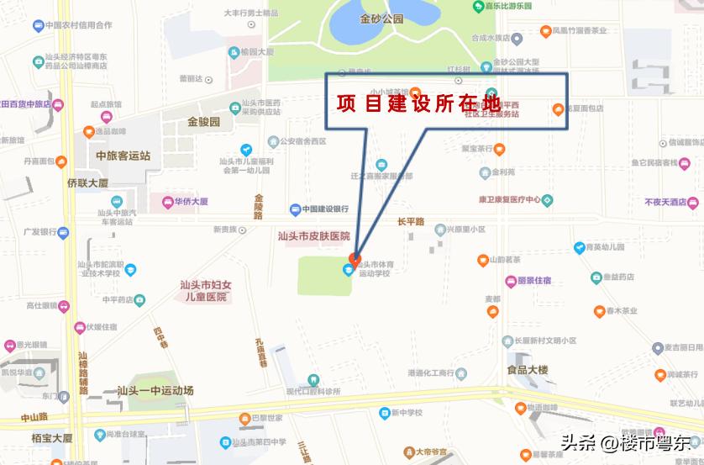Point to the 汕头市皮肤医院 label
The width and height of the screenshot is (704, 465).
point(313,237)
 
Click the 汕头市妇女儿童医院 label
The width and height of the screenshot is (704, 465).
point(204,291)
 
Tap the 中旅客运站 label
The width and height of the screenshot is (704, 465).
point(123,156)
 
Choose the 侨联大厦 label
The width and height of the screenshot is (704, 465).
point(88,182)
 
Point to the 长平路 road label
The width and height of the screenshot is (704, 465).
point(411,221)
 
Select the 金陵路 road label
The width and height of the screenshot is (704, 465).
point(259,206)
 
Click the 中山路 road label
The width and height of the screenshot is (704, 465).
point(34,417)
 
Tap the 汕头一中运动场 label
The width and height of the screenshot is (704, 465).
point(155,390)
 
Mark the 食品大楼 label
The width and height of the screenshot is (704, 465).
point(527,370)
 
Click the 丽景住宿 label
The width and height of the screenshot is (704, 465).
point(533,281)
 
